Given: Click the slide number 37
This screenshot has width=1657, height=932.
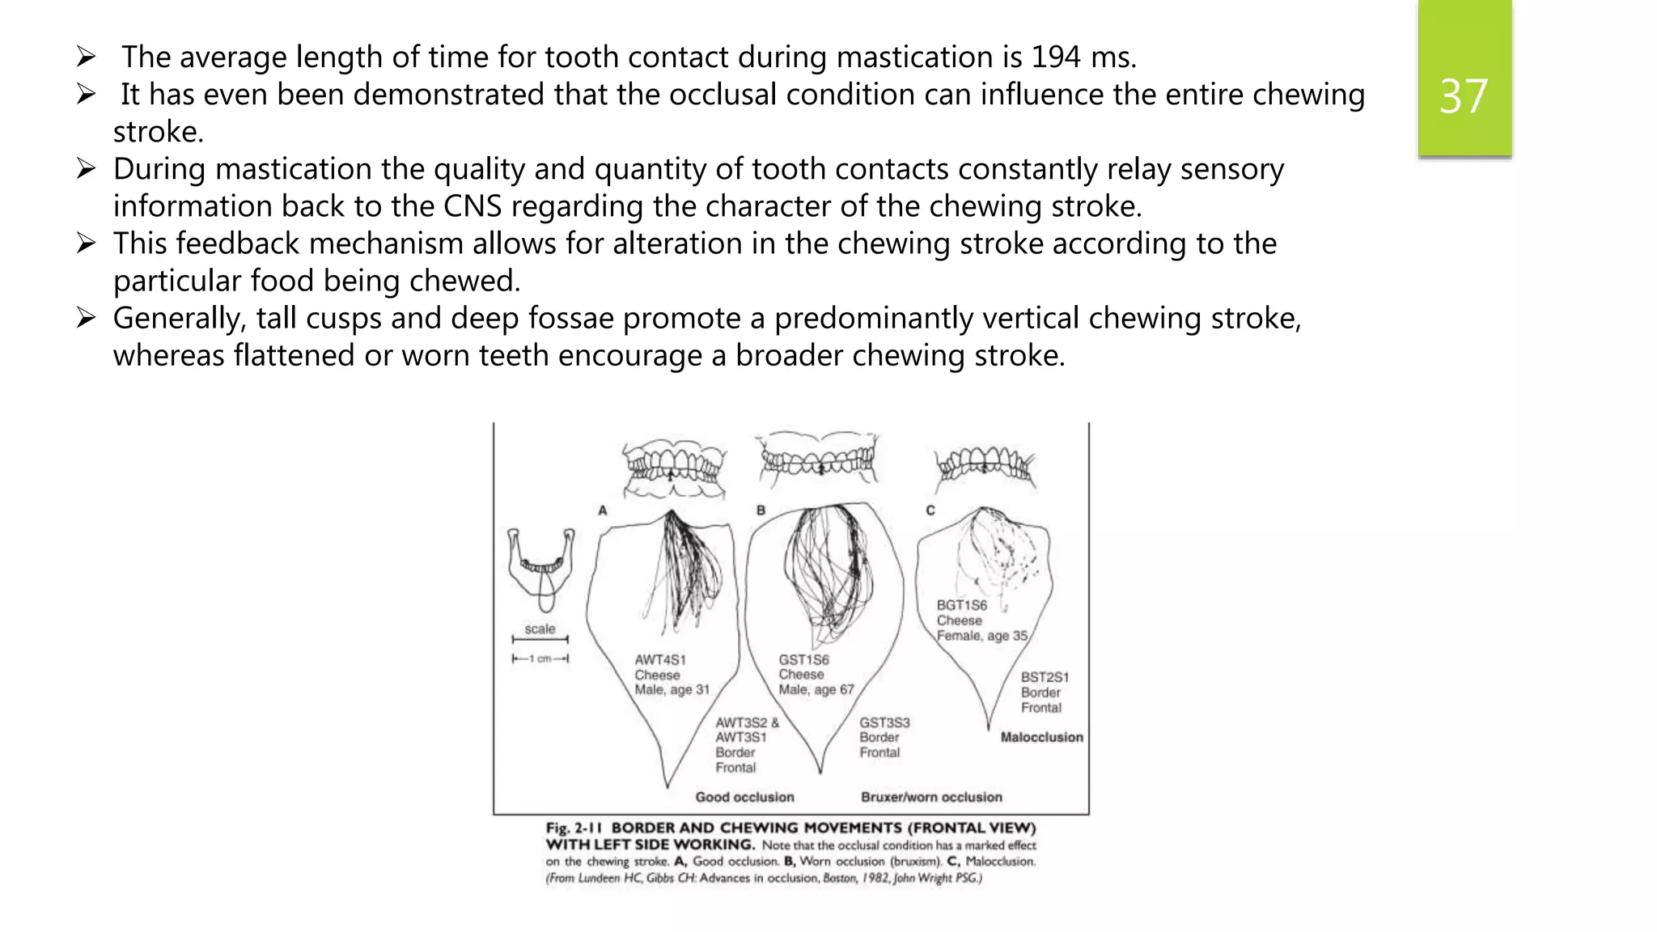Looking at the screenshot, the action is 1464,96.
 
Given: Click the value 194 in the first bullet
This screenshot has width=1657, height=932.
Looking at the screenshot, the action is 1055,57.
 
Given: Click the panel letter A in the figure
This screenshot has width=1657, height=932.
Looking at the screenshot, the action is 602,510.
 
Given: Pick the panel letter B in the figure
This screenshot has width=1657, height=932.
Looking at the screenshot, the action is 761,510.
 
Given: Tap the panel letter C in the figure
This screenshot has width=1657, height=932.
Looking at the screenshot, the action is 930,510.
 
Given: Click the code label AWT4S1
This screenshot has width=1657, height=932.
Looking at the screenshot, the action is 659,660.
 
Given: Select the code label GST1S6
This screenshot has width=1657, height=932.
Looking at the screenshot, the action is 803,660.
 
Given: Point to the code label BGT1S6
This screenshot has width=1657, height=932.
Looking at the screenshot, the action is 961,605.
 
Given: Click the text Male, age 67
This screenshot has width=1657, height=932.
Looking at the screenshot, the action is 816,690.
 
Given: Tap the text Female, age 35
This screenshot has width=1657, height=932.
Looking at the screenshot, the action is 981,636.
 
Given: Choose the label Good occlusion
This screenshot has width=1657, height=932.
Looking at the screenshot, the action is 744,797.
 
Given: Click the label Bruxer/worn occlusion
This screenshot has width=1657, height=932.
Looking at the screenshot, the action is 931,797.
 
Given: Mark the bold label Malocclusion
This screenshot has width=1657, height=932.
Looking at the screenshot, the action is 1041,737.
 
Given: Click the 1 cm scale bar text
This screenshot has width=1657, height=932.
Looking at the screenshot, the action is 540,659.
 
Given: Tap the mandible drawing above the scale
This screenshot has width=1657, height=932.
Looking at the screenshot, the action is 541,566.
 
